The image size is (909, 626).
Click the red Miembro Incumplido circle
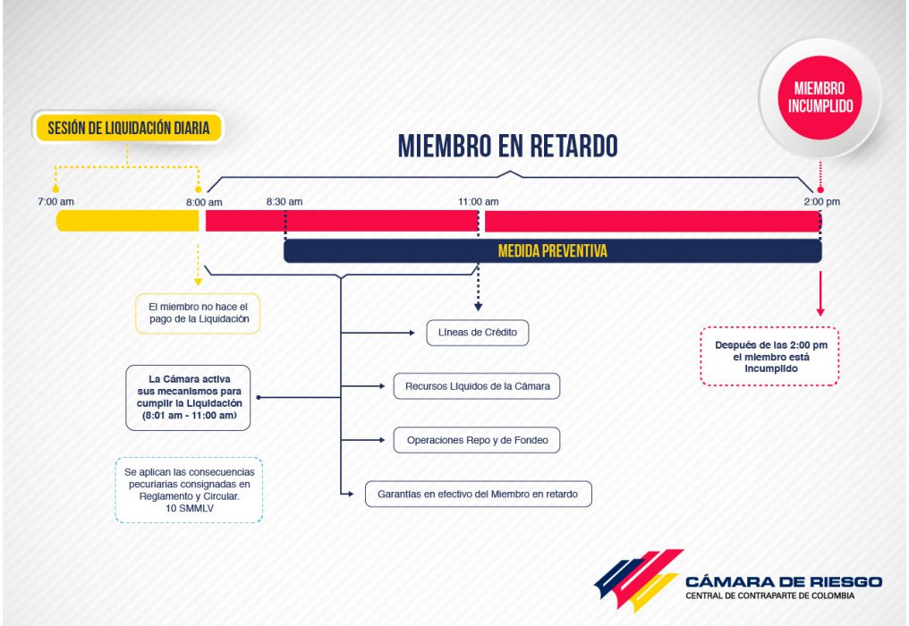(x=820, y=97)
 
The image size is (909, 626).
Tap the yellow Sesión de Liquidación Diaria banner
(x=128, y=128)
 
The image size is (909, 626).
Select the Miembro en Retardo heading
(x=508, y=146)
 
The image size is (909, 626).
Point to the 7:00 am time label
(x=55, y=202)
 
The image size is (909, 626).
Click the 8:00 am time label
(x=204, y=202)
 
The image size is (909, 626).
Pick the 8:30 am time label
(x=285, y=202)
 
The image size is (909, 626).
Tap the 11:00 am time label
(x=479, y=202)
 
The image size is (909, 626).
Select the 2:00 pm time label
(x=821, y=202)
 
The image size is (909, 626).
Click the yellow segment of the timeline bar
(x=128, y=221)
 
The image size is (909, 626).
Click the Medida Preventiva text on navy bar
(x=553, y=251)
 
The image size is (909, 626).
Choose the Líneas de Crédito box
(x=478, y=333)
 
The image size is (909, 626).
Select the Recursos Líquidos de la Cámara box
(x=477, y=386)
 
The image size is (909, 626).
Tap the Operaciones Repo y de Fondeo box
(x=477, y=440)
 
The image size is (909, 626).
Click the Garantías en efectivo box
(x=479, y=494)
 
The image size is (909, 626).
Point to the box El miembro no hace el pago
(x=198, y=313)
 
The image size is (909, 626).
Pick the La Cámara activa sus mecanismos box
(x=189, y=398)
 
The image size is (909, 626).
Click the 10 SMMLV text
(x=190, y=508)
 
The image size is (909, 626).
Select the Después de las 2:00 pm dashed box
(x=769, y=357)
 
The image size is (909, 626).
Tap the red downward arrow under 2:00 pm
(x=820, y=293)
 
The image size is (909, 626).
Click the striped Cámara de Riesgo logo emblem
(x=639, y=579)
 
